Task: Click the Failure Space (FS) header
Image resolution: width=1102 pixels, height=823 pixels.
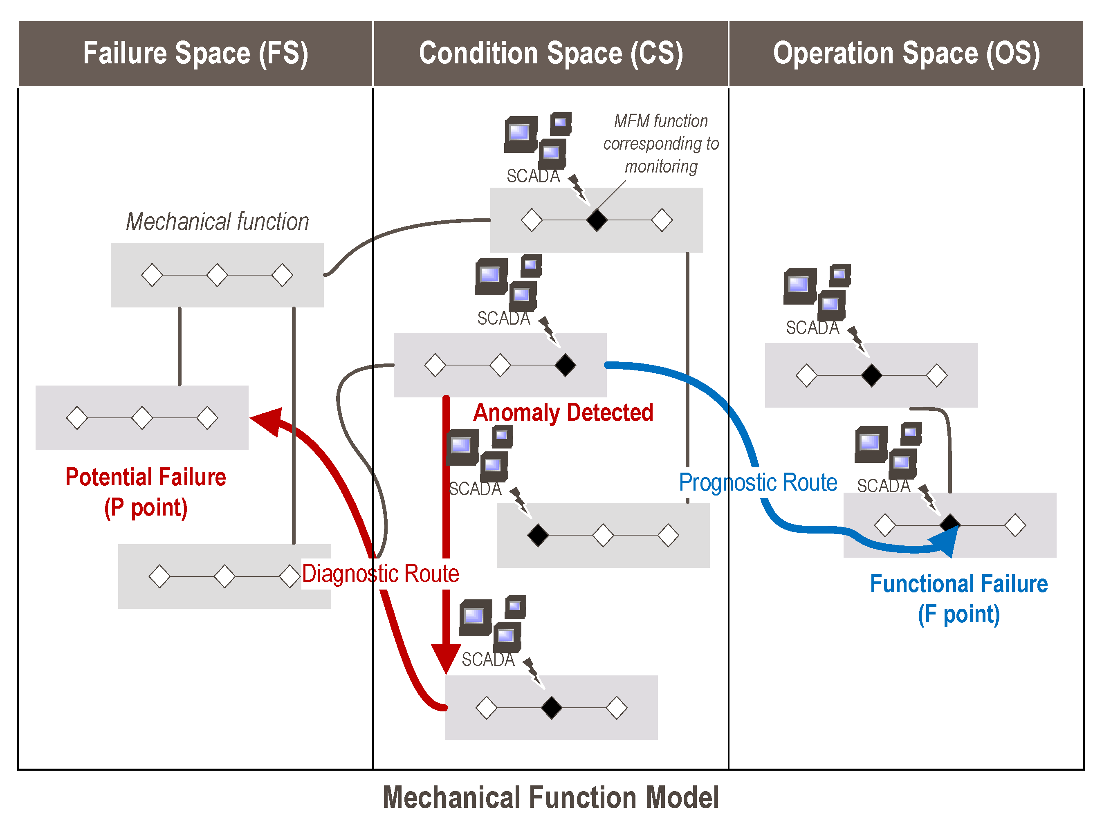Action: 195,53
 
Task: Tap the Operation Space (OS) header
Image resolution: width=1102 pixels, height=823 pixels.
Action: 906,53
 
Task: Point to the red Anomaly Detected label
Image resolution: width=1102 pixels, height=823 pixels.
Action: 563,413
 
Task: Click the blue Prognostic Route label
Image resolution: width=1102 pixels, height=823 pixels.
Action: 758,482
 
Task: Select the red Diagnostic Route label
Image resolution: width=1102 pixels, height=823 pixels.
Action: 381,574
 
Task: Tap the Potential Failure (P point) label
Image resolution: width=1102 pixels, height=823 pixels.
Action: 146,492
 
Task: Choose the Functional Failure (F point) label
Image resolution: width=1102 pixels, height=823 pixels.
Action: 959,599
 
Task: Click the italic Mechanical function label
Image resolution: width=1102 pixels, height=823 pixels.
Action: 217,221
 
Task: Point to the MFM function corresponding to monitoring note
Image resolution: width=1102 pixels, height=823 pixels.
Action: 661,144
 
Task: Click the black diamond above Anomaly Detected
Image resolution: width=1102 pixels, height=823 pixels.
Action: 566,365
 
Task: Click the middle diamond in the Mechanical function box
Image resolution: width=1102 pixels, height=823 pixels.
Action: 217,275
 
